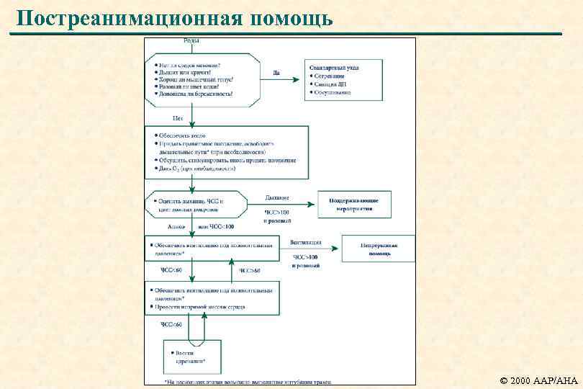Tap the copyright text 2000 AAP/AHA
point(543,379)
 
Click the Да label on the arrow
point(277,72)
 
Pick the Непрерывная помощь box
point(379,249)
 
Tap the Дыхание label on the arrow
point(277,197)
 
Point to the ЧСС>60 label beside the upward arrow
point(249,270)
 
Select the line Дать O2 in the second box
point(194,168)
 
